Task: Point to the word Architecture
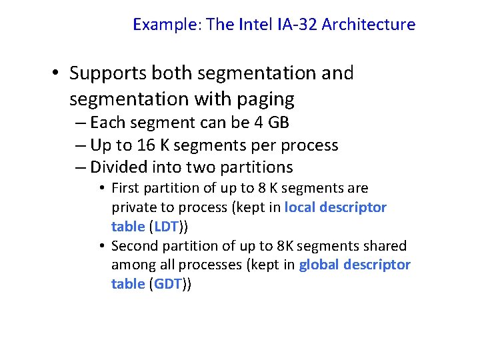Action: click(x=369, y=25)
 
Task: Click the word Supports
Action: click(x=109, y=73)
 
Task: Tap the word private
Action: click(x=135, y=207)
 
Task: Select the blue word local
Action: click(x=299, y=207)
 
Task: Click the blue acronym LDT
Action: click(x=167, y=226)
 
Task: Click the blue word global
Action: click(x=320, y=265)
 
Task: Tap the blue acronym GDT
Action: click(x=168, y=284)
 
